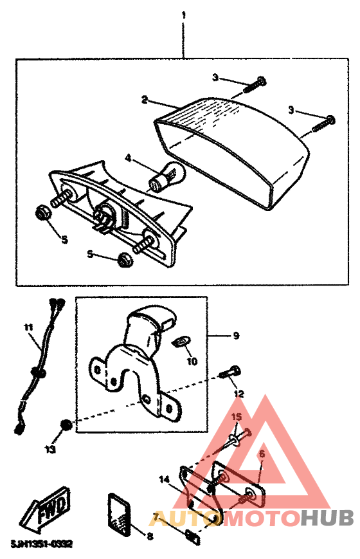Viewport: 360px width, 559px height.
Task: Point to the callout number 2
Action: click(145, 100)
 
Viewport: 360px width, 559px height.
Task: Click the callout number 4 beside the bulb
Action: click(129, 158)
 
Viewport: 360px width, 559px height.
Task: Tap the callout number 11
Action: click(28, 327)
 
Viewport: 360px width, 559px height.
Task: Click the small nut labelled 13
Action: click(65, 425)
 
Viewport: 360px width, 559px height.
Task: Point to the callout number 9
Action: click(236, 335)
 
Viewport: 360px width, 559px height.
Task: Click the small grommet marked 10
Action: click(182, 340)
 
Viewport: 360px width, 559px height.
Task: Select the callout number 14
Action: click(164, 479)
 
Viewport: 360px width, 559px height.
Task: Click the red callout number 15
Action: click(236, 417)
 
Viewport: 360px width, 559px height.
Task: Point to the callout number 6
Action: click(261, 454)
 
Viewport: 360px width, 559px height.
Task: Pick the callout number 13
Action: click(50, 449)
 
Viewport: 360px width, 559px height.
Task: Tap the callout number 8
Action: click(150, 535)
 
